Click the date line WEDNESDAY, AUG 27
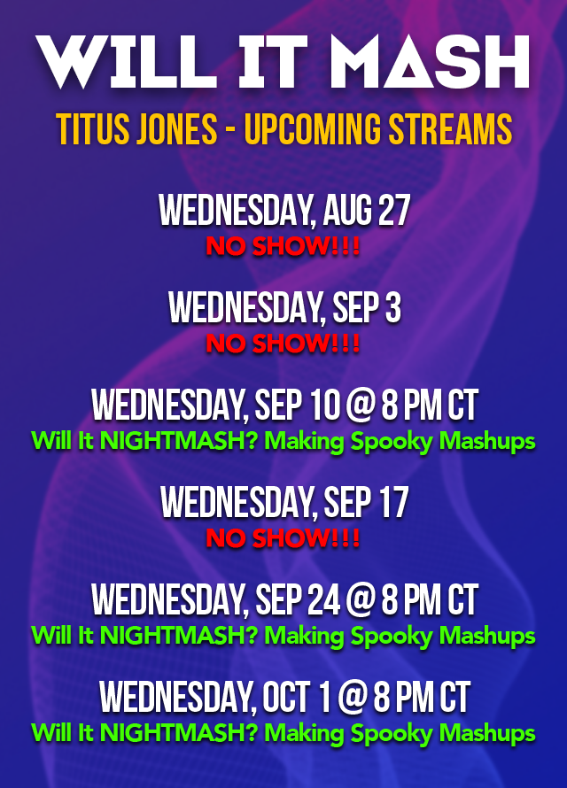point(283,212)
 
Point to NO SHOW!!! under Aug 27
point(283,247)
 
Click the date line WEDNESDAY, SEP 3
point(283,309)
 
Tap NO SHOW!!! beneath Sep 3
point(283,344)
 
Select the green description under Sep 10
point(283,441)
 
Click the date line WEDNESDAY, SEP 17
point(283,504)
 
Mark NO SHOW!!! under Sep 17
point(283,538)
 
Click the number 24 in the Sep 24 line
point(323,601)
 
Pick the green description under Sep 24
point(283,636)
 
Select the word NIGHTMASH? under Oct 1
point(181,733)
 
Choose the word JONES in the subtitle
point(175,130)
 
